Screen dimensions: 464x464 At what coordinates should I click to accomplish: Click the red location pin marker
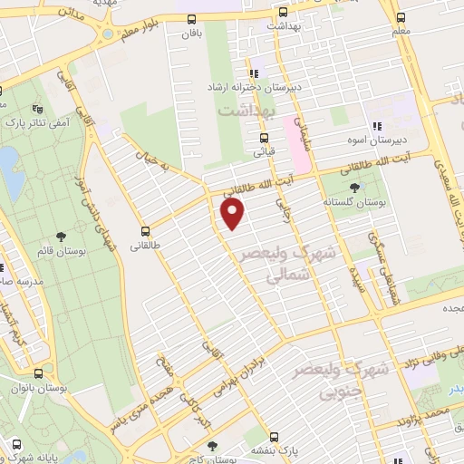coord(233,214)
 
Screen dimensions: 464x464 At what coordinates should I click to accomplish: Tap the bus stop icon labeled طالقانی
coord(147,231)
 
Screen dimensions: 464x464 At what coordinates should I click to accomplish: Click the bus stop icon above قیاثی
coord(264,139)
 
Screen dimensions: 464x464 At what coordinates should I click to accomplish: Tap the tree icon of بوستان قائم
coord(61,236)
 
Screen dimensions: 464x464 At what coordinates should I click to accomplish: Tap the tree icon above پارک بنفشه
coord(212,446)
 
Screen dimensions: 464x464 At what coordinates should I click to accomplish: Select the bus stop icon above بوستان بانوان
coord(38,373)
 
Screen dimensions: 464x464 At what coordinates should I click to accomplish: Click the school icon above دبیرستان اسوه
coord(375,127)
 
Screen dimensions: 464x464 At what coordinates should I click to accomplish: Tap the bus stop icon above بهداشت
coord(283,13)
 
